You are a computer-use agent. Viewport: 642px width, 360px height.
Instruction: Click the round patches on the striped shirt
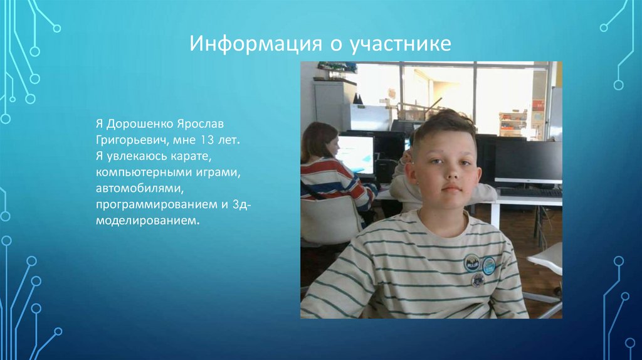click(x=479, y=270)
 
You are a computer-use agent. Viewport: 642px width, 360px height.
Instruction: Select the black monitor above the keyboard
click(x=528, y=161)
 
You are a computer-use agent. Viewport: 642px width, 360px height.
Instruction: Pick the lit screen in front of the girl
click(x=355, y=154)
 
